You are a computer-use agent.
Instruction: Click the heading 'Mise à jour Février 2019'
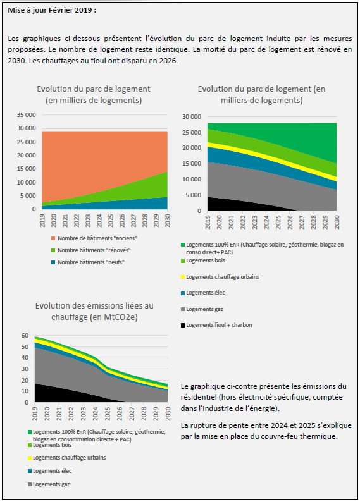click(x=52, y=10)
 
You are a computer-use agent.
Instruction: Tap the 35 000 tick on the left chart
click(x=27, y=114)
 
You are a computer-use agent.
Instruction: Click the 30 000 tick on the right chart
click(x=192, y=117)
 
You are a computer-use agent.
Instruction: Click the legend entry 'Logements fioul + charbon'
click(x=219, y=325)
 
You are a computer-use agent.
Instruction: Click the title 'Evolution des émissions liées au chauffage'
click(x=94, y=311)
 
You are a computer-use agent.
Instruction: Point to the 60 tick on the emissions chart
click(x=25, y=336)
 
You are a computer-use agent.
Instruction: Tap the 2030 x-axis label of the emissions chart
click(x=168, y=413)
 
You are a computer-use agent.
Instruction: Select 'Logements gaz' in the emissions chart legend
click(x=51, y=484)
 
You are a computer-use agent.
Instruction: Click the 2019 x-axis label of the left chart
click(x=42, y=221)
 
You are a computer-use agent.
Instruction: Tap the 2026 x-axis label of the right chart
click(x=290, y=222)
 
